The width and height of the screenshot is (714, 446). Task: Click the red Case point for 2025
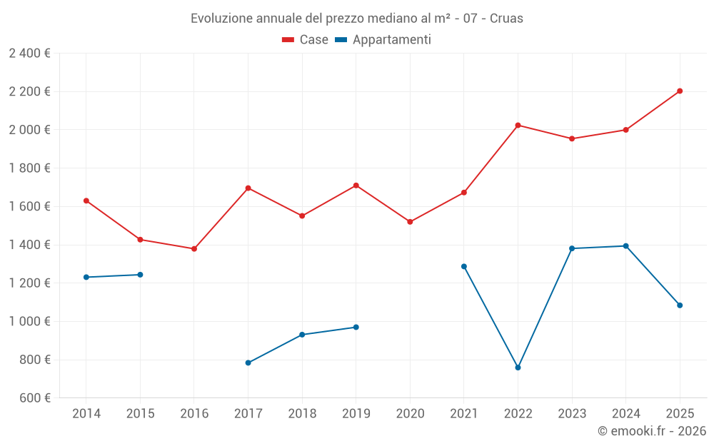pyautogui.click(x=680, y=91)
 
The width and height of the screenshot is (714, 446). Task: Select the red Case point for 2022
pyautogui.click(x=518, y=126)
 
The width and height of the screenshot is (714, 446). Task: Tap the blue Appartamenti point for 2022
pyautogui.click(x=518, y=368)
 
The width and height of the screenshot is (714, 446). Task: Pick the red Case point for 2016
pyautogui.click(x=194, y=249)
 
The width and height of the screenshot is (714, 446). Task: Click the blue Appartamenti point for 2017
pyautogui.click(x=248, y=363)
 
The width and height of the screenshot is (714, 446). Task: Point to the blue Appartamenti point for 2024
pyautogui.click(x=626, y=246)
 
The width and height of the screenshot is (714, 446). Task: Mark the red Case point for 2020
pyautogui.click(x=410, y=222)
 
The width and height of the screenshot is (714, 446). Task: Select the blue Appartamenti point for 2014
pyautogui.click(x=86, y=277)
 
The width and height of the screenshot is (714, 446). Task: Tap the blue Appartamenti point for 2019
pyautogui.click(x=356, y=328)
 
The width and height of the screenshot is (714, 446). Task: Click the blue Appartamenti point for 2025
pyautogui.click(x=680, y=305)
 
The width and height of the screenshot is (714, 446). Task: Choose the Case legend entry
pyautogui.click(x=306, y=40)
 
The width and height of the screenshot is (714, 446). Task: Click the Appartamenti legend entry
pyautogui.click(x=383, y=40)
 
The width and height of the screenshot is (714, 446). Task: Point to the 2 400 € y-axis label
pyautogui.click(x=29, y=54)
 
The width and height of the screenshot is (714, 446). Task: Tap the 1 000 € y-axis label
pyautogui.click(x=29, y=322)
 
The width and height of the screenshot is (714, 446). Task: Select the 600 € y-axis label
pyautogui.click(x=34, y=398)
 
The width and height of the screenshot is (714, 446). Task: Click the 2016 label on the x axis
pyautogui.click(x=194, y=413)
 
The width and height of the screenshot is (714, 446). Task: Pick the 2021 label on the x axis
pyautogui.click(x=464, y=413)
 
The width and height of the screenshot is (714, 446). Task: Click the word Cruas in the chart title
pyautogui.click(x=506, y=19)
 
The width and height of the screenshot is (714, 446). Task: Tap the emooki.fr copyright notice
pyautogui.click(x=651, y=431)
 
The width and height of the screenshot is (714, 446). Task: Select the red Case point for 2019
pyautogui.click(x=356, y=186)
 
